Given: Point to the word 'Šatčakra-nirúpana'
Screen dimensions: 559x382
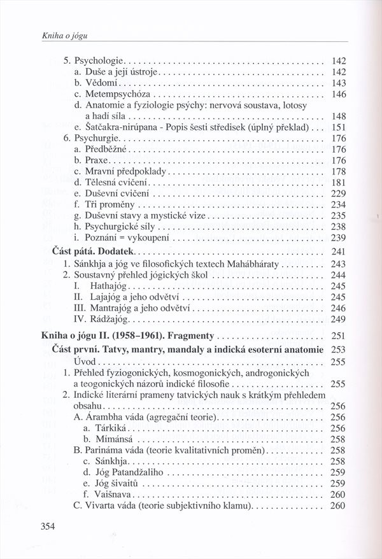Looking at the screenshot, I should (x=124, y=128).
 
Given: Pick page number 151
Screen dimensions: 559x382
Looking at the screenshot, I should (x=338, y=128).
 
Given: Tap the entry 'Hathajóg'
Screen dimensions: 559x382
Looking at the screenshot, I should (x=103, y=287).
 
